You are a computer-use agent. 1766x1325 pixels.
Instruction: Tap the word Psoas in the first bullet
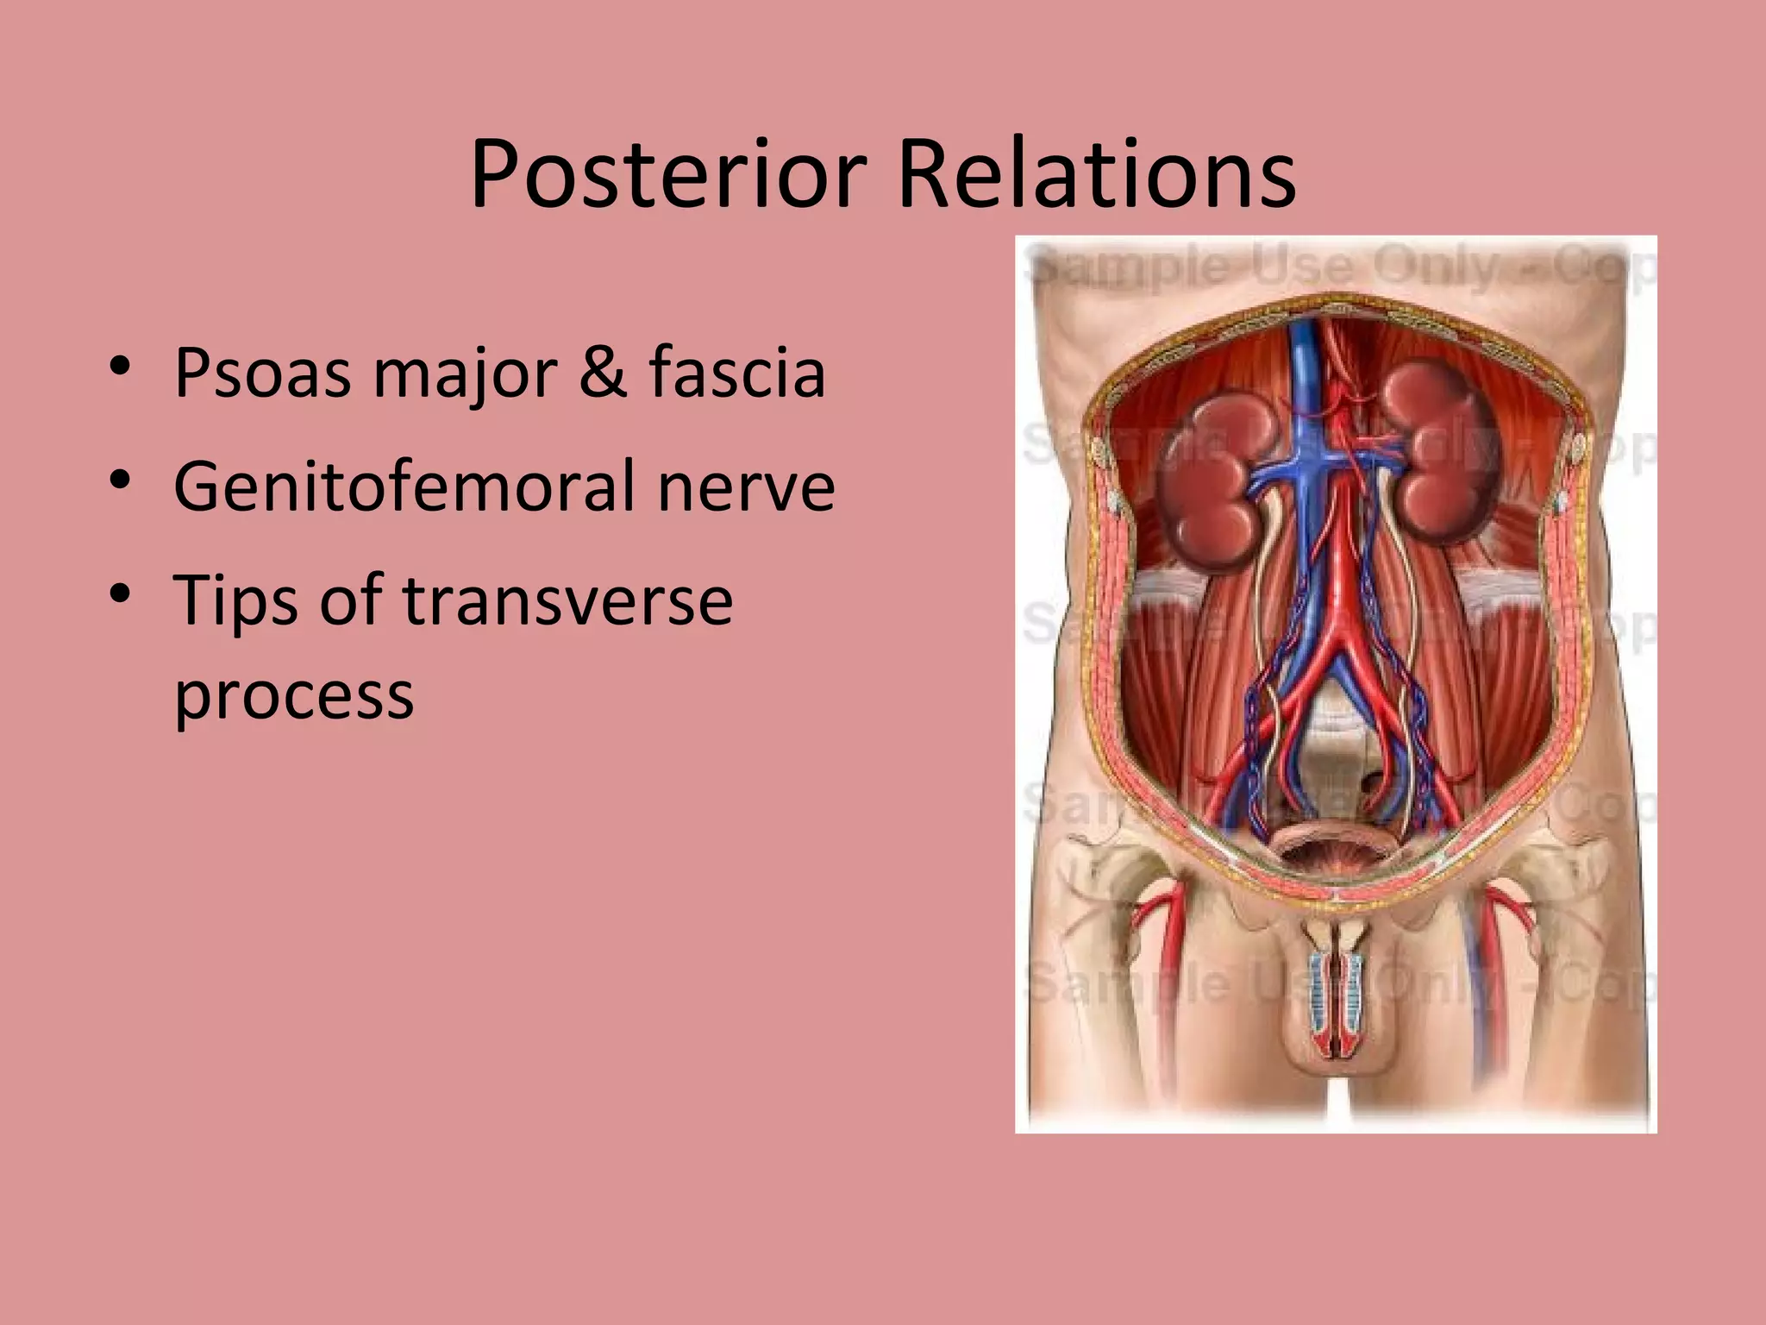click(x=262, y=374)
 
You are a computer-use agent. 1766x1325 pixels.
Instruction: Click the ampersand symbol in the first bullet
click(x=603, y=372)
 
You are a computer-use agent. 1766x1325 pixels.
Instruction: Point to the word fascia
click(x=737, y=372)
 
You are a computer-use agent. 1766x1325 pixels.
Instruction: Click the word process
click(x=294, y=695)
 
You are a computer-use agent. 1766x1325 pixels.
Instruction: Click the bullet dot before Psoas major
click(x=120, y=367)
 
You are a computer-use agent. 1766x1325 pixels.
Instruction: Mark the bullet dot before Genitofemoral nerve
click(x=120, y=479)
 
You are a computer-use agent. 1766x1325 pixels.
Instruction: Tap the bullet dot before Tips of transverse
click(x=120, y=593)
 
